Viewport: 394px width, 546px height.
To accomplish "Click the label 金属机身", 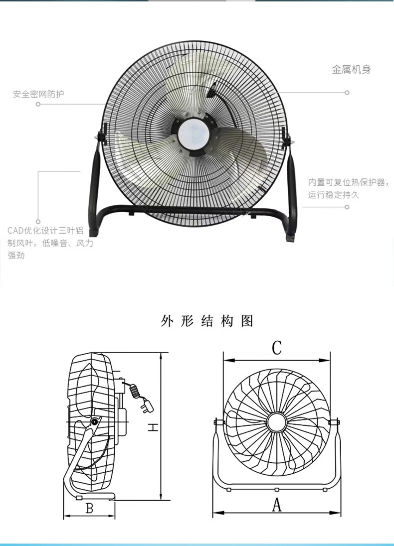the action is click(351, 70).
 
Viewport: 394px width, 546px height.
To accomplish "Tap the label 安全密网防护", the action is click(39, 94).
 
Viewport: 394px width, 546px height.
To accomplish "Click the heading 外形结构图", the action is click(207, 321).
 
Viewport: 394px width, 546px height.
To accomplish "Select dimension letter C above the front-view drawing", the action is click(276, 348).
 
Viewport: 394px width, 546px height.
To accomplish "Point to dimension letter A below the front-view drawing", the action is click(276, 505).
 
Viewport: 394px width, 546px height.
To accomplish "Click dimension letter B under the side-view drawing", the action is click(90, 508).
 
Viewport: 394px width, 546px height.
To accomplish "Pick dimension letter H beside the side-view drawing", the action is click(153, 427).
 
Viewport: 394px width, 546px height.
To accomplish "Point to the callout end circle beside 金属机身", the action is click(347, 93).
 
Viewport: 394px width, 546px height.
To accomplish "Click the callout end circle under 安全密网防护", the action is click(38, 104).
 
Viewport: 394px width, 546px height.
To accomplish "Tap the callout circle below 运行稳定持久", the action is click(347, 207).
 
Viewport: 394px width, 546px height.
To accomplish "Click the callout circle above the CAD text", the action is click(38, 222).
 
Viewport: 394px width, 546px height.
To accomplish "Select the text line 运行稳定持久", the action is click(333, 195).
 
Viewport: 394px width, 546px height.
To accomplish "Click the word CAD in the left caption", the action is click(15, 231).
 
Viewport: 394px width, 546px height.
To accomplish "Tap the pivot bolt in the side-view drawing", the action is click(94, 422).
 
